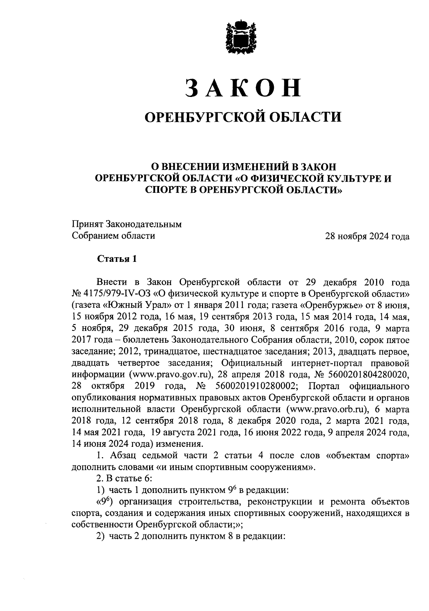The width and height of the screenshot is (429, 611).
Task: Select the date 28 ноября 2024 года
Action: [367, 236]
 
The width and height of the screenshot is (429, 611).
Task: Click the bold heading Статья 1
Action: [117, 259]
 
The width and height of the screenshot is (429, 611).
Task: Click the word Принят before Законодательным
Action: [88, 225]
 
